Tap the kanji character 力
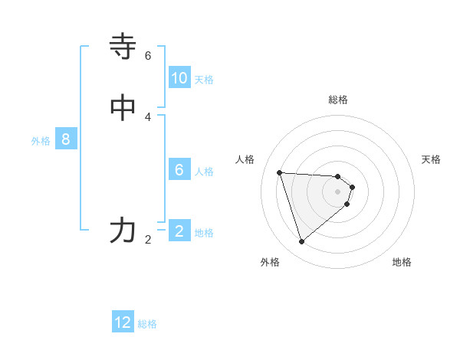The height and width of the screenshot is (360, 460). tap(123, 230)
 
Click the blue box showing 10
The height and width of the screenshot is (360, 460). tap(179, 78)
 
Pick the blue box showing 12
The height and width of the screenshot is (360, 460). tap(123, 322)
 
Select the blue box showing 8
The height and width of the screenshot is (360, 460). tap(66, 139)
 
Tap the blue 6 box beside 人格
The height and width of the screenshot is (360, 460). tap(179, 170)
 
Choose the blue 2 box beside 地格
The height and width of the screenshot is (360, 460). tap(179, 231)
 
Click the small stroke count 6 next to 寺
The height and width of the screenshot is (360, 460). tap(148, 56)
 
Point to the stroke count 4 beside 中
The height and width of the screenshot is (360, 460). tap(148, 117)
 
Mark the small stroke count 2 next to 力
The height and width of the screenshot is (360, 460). tap(148, 240)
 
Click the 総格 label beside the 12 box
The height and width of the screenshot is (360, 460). tap(147, 324)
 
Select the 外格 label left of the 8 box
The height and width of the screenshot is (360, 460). tap(41, 141)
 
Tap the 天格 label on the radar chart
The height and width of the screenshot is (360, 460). tap(431, 159)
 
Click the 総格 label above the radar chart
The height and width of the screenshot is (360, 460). tap(338, 100)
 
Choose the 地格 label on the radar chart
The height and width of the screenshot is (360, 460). tap(402, 262)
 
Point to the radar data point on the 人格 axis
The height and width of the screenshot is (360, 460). tap(279, 172)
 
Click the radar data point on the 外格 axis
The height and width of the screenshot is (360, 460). tap(301, 242)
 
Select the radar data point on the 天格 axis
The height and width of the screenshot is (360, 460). tap(353, 186)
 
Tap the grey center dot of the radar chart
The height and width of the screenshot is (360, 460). tap(338, 202)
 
